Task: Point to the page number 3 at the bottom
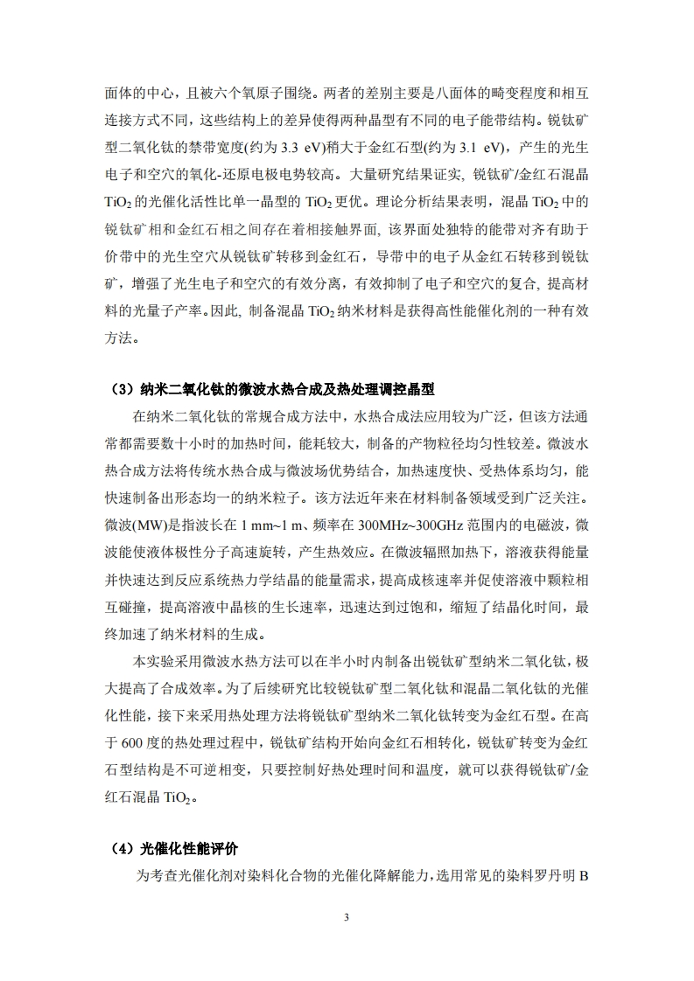tap(347, 917)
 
